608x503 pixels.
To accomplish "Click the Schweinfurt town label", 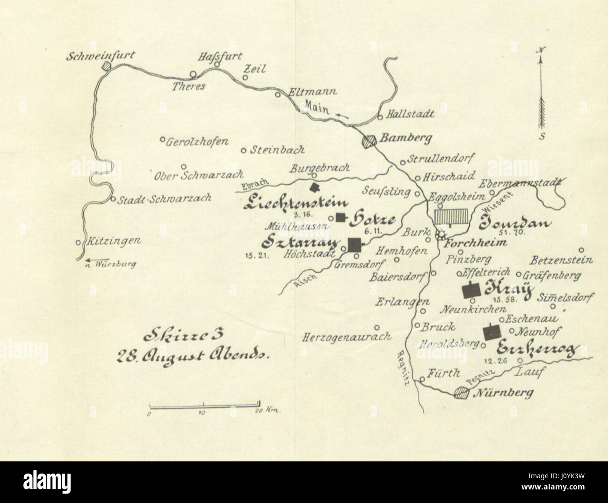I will pos(101,56).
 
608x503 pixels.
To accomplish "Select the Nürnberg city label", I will pos(504,393).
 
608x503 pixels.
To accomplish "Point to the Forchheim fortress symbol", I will pos(440,234).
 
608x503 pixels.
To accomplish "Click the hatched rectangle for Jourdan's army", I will pos(451,217).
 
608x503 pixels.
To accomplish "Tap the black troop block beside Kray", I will pos(471,290).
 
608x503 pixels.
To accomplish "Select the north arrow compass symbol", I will pos(542,94).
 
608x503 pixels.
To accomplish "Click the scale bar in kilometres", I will pos(204,403).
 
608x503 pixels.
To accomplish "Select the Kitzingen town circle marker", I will pos(78,243).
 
